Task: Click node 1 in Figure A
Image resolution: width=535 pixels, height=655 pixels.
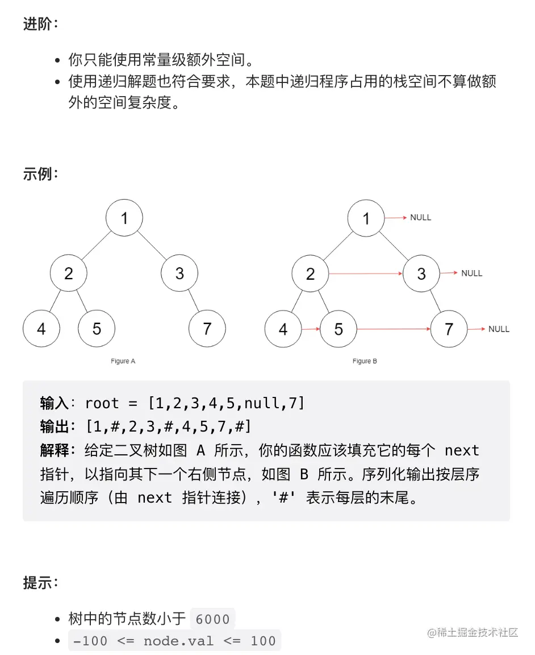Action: pos(124,218)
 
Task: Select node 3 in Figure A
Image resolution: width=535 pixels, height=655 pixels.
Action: pos(179,273)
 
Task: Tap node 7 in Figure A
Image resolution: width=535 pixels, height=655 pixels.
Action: pos(207,329)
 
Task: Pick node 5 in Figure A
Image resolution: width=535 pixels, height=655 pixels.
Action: pos(97,329)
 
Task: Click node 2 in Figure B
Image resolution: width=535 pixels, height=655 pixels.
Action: pos(310,274)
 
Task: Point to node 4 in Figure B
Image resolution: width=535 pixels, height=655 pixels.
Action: pos(283,329)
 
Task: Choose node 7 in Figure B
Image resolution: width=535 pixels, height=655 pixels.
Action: pos(449,329)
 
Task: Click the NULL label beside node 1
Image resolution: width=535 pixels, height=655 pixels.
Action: pos(420,218)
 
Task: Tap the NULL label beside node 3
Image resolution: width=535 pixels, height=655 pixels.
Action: pos(471,273)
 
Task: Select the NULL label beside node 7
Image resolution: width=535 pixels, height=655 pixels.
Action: pos(499,329)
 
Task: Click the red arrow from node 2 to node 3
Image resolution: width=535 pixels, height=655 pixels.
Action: pos(366,274)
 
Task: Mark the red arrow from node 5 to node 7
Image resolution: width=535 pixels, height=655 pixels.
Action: pos(394,329)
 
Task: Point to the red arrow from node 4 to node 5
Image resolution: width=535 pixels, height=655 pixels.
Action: pos(311,329)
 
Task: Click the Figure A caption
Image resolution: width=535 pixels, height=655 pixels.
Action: pos(123,361)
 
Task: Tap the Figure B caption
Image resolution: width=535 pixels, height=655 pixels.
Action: pos(365,361)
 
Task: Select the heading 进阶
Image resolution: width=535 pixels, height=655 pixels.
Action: pos(40,24)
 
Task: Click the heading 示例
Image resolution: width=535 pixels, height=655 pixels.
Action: pos(40,174)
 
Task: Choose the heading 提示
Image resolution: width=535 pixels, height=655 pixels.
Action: pos(40,583)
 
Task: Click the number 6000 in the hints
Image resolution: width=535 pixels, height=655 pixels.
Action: pos(212,619)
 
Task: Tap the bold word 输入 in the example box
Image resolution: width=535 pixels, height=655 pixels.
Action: pos(55,404)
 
